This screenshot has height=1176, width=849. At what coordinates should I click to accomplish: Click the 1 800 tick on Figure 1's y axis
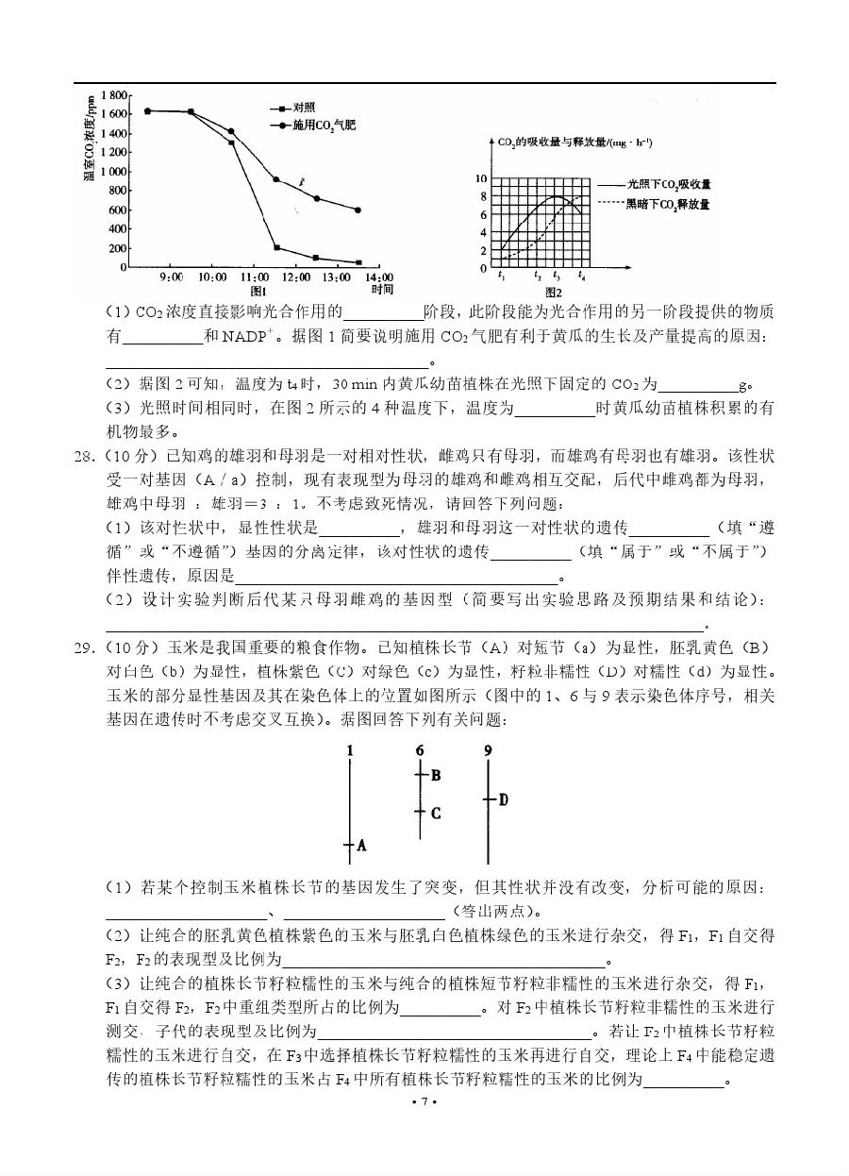click(x=113, y=95)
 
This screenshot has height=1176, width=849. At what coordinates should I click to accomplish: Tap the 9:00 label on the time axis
click(x=171, y=277)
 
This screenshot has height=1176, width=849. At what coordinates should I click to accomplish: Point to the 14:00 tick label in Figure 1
click(x=379, y=277)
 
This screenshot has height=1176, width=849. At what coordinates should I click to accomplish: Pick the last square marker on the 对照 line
click(x=358, y=262)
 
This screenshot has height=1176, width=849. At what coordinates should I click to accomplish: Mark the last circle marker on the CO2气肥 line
click(x=358, y=210)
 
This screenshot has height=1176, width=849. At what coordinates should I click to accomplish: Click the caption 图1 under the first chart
click(x=253, y=291)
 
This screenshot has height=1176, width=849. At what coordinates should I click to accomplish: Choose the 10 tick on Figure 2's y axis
click(x=481, y=178)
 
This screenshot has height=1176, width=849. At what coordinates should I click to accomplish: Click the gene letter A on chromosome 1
click(x=360, y=846)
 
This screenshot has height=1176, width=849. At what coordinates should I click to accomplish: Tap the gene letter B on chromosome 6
click(x=435, y=776)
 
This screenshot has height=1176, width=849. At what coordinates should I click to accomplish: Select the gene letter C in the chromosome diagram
click(x=435, y=812)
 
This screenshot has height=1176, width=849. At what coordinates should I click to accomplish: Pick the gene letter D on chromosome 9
click(x=503, y=799)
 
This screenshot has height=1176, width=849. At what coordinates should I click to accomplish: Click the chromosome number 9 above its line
click(x=488, y=750)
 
